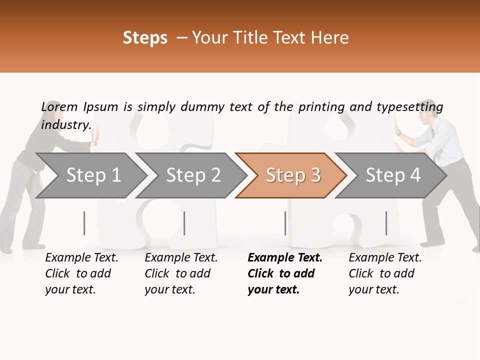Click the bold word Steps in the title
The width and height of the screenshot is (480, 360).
[145, 38]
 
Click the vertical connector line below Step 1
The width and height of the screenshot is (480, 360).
[84, 223]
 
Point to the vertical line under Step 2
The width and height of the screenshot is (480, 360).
[184, 223]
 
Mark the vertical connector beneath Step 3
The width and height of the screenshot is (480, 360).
[285, 223]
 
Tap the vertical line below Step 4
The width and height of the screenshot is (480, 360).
[386, 223]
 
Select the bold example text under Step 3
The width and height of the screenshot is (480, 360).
[284, 273]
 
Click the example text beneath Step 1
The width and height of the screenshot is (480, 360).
[81, 273]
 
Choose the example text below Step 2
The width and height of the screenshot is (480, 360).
[181, 273]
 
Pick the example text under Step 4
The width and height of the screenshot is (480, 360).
[385, 273]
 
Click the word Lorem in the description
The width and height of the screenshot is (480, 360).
[59, 106]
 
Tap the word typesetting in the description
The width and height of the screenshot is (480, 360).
[409, 107]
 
